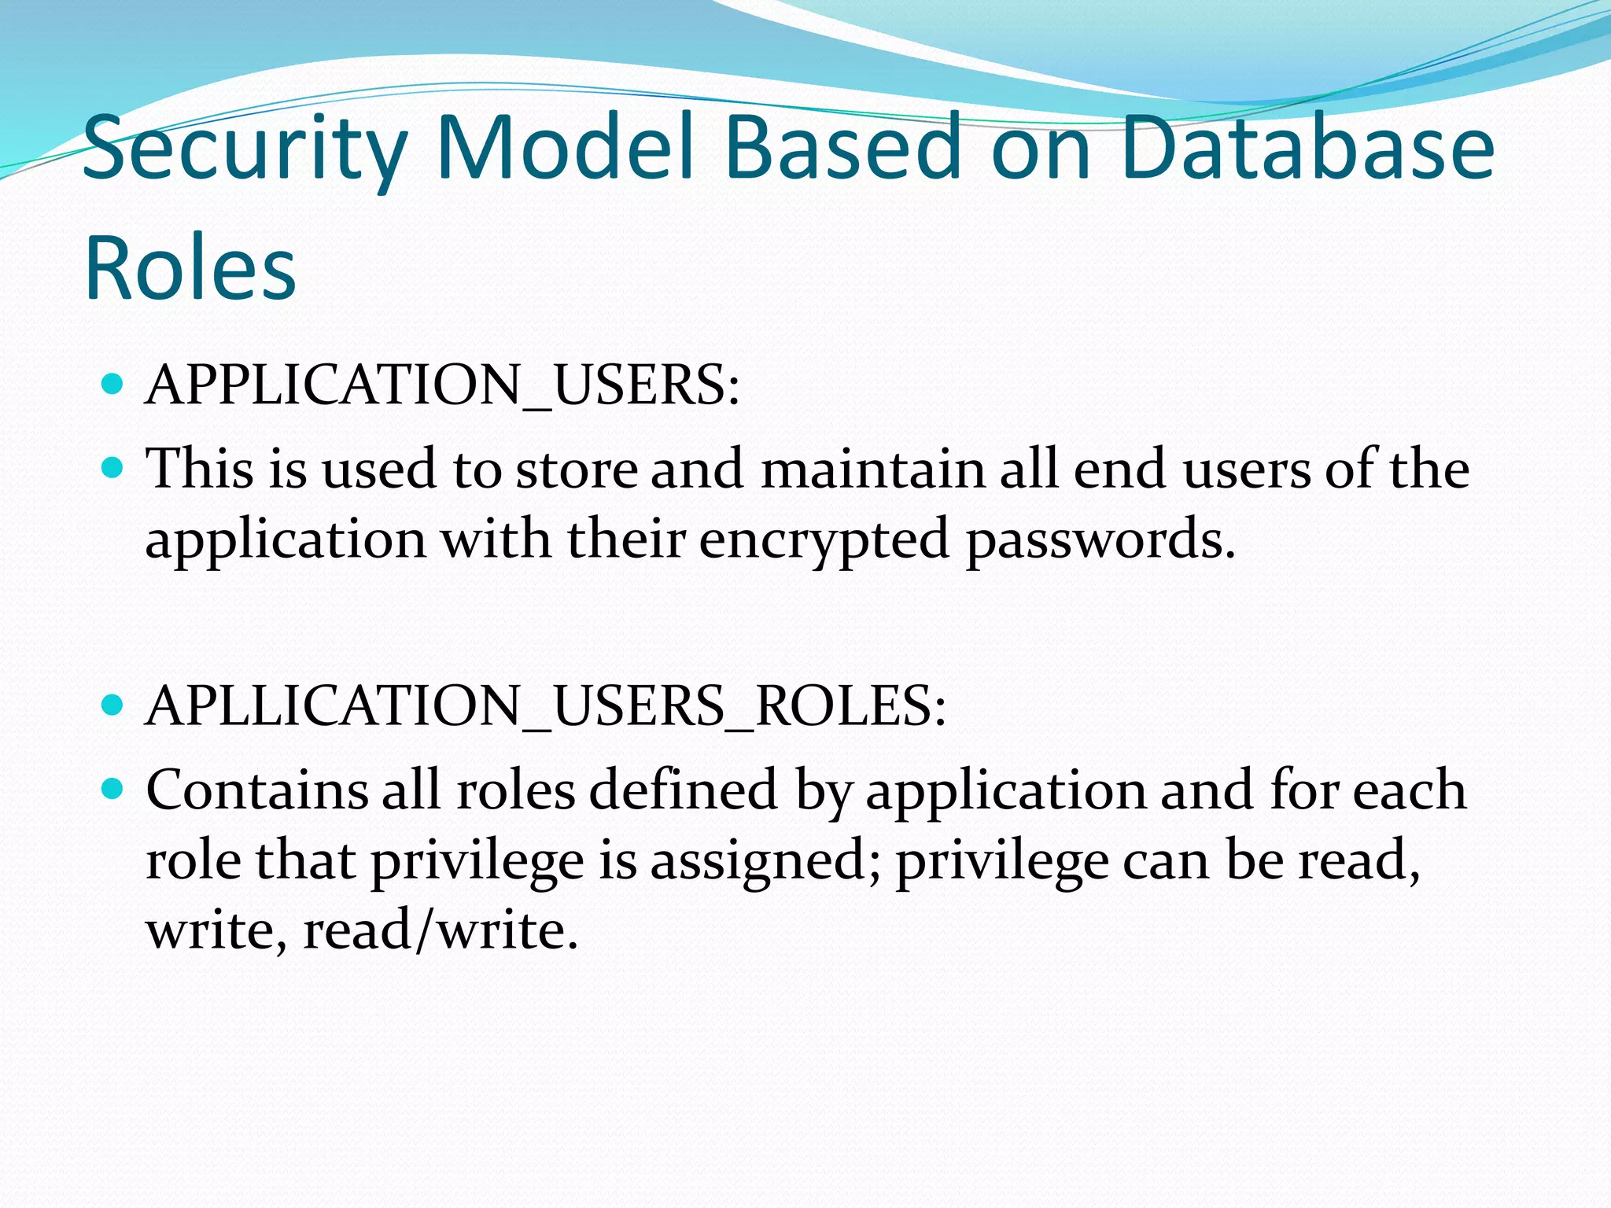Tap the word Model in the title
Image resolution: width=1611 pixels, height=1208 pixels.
565,147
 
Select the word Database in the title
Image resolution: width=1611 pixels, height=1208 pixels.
1307,147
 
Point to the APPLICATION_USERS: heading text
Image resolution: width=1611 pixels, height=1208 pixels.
443,385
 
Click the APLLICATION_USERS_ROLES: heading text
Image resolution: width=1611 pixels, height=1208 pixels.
546,705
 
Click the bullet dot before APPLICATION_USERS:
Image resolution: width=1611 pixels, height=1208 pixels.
113,385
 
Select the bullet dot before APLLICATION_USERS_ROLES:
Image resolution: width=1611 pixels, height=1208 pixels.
113,704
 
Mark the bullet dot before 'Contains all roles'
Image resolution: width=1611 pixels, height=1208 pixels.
113,788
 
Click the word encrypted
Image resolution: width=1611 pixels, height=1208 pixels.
824,541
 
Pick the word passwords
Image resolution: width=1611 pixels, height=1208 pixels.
1100,541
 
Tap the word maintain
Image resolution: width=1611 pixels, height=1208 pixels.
873,470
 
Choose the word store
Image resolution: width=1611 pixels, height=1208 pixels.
577,470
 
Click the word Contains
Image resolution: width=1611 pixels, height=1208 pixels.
256,790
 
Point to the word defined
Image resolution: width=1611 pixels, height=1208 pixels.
684,790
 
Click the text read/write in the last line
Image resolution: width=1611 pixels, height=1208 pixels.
441,930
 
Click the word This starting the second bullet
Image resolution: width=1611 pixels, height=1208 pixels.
200,470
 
